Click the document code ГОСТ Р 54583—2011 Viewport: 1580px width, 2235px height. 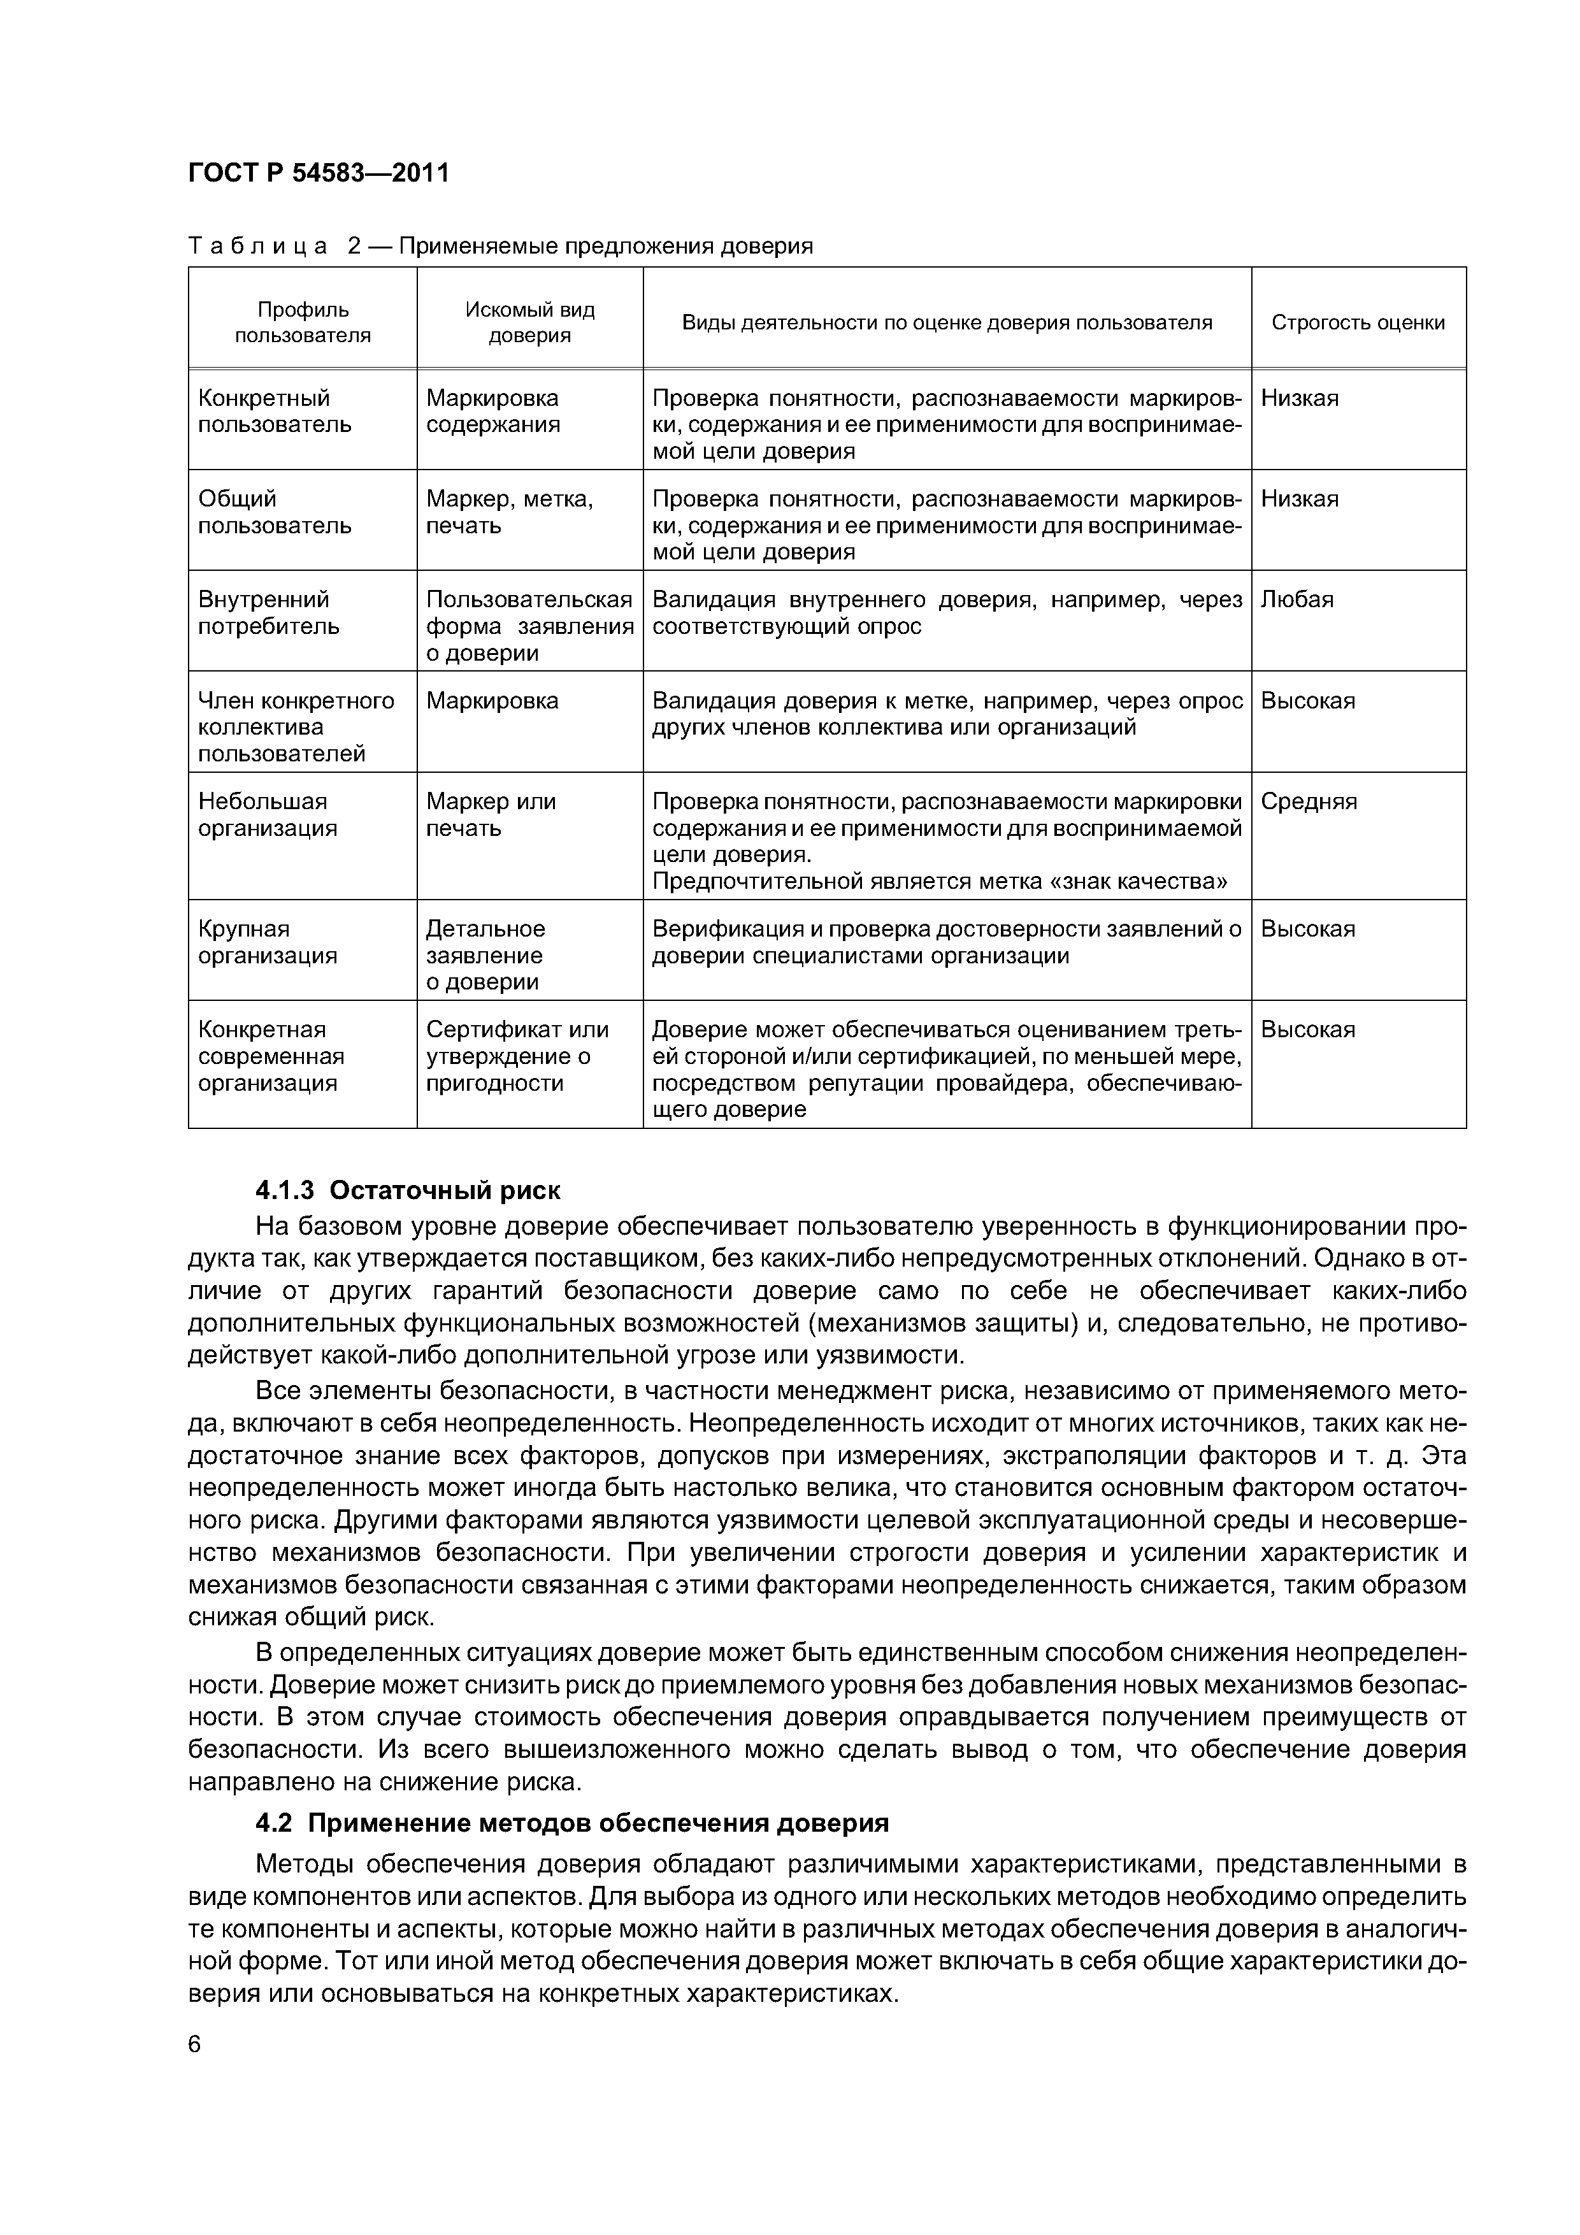click(319, 173)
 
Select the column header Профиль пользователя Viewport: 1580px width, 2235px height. click(303, 322)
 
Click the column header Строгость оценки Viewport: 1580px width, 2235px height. click(1358, 322)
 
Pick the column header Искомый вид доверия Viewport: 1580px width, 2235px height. click(529, 322)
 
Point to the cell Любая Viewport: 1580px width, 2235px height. click(1296, 600)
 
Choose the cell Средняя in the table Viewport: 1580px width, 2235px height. click(1309, 802)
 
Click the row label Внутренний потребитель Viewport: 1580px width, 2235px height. click(269, 612)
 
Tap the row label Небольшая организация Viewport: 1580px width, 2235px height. click(268, 815)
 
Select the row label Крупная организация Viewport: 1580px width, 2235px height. click(268, 942)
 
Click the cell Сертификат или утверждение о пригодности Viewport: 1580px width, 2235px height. click(517, 1056)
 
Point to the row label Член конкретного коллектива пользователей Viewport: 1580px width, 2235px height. click(296, 727)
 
